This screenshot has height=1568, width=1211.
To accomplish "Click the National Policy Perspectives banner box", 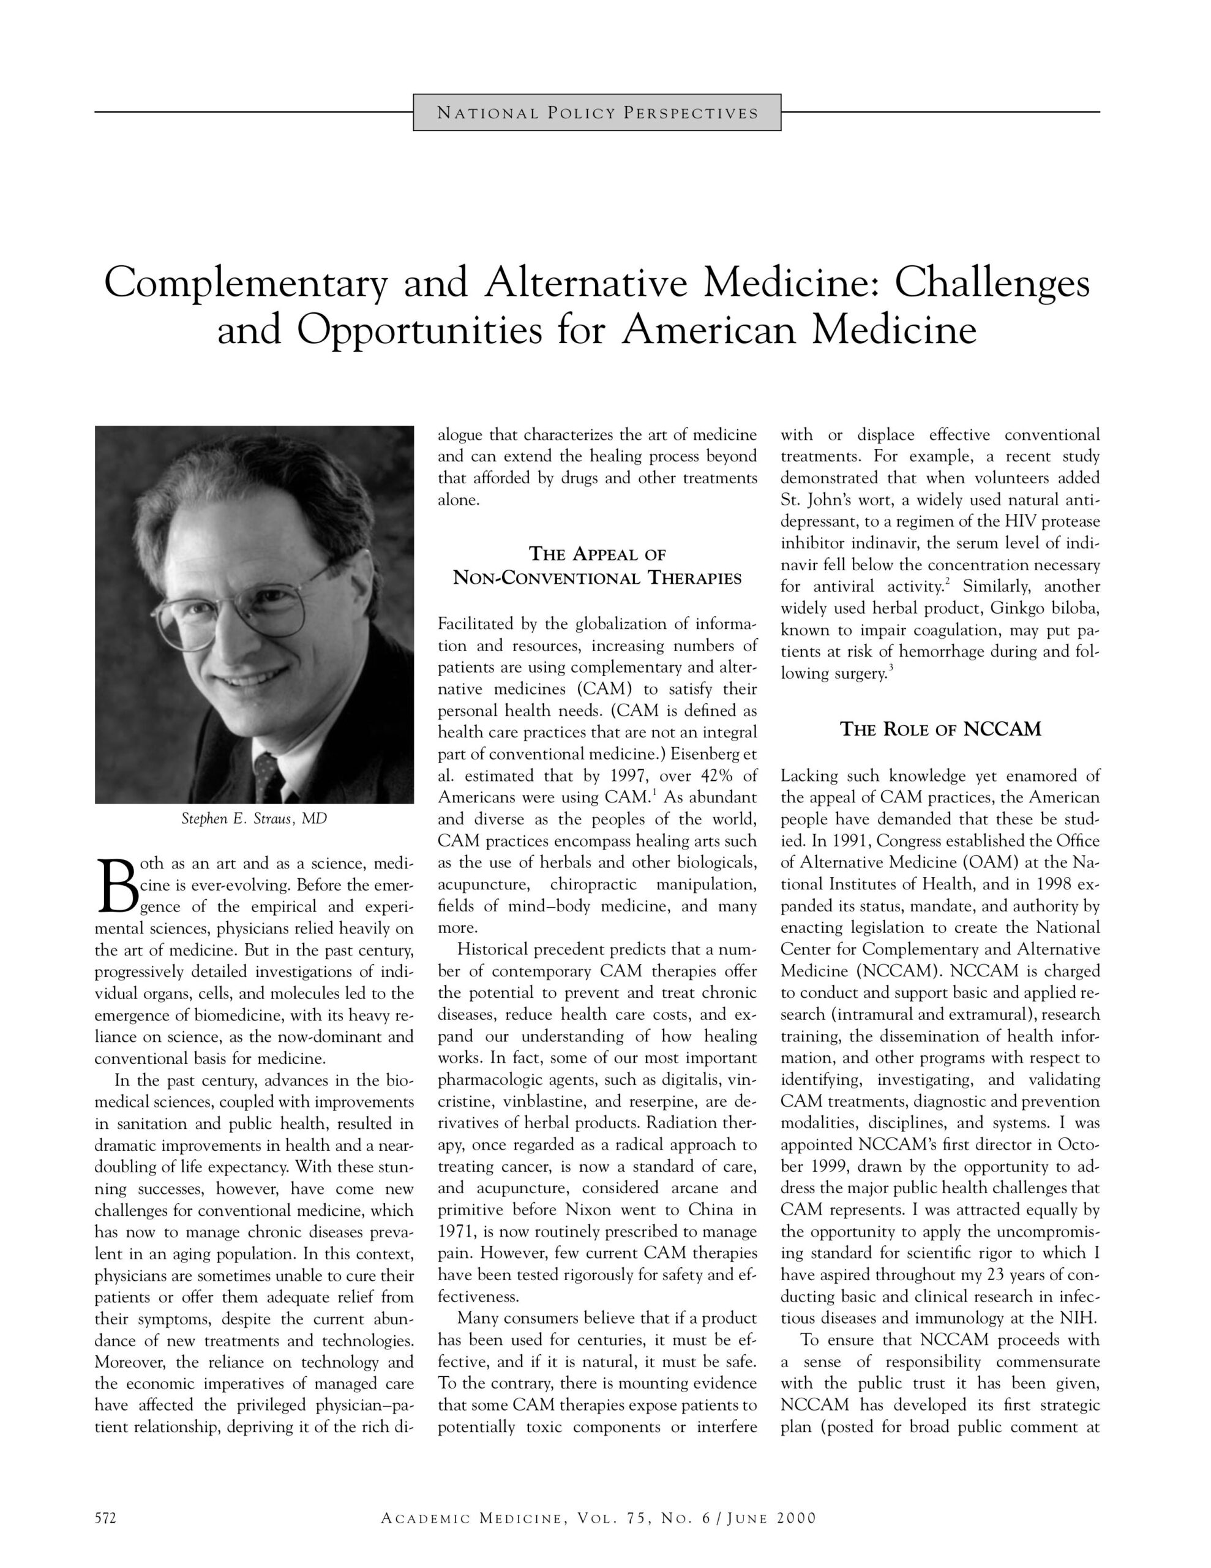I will (x=596, y=113).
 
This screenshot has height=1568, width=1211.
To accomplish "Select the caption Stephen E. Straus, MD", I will (x=254, y=818).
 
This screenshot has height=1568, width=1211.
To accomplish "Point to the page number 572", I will (x=105, y=1518).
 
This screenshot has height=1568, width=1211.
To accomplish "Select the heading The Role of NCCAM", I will (x=940, y=729).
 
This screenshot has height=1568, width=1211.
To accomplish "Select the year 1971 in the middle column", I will (x=455, y=1232).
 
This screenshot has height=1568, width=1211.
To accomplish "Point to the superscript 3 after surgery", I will (x=891, y=669).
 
